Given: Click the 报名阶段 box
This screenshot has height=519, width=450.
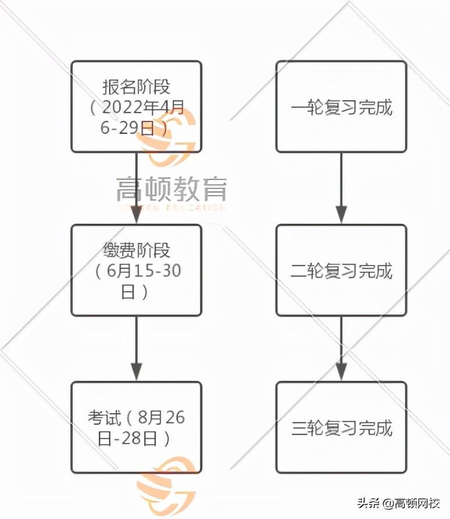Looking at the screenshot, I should tap(136, 107).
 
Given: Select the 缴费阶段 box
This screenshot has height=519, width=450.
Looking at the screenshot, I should tap(136, 271).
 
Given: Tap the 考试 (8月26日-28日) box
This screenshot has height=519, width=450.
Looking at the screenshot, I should tap(136, 428).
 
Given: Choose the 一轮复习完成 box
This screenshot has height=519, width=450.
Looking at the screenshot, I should tap(341, 107).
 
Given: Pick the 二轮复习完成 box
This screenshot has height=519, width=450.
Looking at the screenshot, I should tap(341, 271).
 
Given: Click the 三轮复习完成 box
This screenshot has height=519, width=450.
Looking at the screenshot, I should tap(341, 428).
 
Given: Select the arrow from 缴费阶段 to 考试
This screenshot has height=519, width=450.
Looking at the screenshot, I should tap(136, 349).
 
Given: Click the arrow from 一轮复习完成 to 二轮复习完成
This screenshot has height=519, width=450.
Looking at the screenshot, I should tap(341, 189).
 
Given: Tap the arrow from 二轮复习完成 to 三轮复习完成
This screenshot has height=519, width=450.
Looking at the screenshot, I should tap(341, 349).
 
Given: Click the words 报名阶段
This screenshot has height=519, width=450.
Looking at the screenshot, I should tap(136, 87).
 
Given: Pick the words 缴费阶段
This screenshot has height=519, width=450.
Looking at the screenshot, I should tap(136, 251).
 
